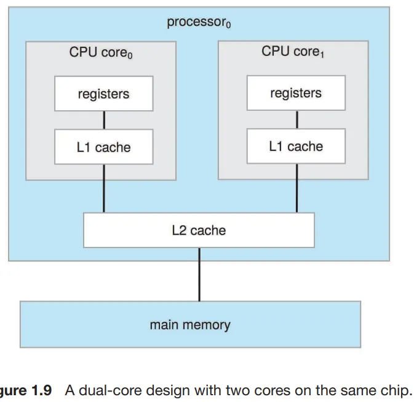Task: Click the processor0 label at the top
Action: [x=198, y=23]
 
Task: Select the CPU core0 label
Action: [x=101, y=53]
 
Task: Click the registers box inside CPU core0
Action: [x=103, y=94]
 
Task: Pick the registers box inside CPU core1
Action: [x=296, y=93]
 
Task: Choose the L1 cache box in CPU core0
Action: [x=103, y=147]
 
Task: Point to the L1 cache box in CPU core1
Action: [x=296, y=147]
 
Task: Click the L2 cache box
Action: [x=199, y=230]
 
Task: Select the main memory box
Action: [x=190, y=324]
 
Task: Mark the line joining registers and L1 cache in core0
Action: [x=104, y=120]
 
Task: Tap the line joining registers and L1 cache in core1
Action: [x=297, y=119]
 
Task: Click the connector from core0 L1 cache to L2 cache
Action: [x=104, y=188]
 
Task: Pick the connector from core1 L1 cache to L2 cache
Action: [x=297, y=188]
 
